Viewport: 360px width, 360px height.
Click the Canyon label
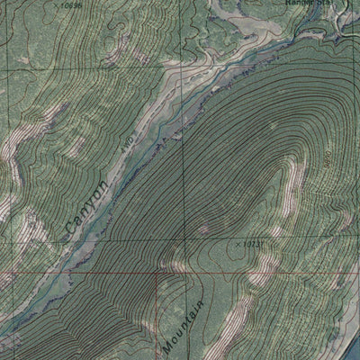pos(87,206)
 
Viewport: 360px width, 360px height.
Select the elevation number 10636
pos(68,5)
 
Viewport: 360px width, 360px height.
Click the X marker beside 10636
pos(54,5)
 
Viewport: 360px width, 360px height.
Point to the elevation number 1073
pos(251,243)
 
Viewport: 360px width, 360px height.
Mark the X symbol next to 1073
pos(238,244)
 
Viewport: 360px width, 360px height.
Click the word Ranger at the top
pos(304,4)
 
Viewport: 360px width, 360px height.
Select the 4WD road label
pos(128,142)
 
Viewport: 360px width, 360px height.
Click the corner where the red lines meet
pos(157,269)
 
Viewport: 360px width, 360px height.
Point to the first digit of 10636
pos(60,5)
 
